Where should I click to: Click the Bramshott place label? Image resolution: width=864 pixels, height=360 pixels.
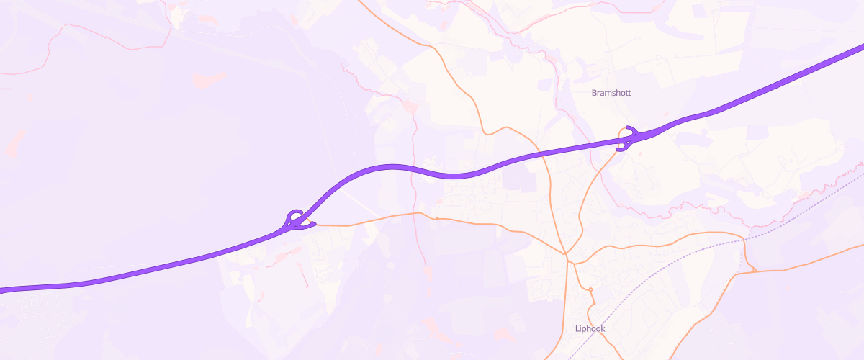tap(611, 93)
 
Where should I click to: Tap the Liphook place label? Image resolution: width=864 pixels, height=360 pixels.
tap(590, 329)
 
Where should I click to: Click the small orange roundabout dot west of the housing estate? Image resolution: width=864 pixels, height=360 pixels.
tap(437, 218)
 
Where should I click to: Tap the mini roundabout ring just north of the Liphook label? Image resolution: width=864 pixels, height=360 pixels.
tap(590, 289)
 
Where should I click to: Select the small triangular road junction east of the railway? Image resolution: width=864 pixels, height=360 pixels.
tap(753, 271)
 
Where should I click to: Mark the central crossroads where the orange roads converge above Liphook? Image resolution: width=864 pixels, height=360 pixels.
tap(567, 256)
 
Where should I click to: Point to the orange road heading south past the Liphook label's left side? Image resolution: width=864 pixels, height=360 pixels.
tap(566, 317)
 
